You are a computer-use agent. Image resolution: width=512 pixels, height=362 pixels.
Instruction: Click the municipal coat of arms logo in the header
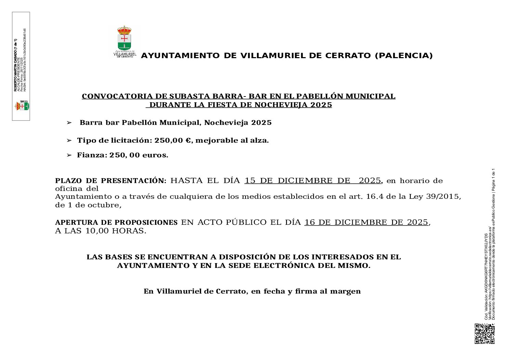[124, 41]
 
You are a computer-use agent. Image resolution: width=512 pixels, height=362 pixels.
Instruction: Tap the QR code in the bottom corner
[484, 334]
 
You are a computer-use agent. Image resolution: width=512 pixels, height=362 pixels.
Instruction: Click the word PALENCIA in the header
[404, 55]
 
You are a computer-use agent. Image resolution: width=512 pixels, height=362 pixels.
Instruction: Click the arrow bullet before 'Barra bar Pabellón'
[69, 122]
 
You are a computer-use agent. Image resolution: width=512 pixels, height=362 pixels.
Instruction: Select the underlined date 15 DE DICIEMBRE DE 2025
[313, 181]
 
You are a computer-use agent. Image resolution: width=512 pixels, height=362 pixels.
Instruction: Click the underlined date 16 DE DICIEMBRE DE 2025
[366, 222]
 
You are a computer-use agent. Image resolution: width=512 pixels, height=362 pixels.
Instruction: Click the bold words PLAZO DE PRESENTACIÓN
[110, 181]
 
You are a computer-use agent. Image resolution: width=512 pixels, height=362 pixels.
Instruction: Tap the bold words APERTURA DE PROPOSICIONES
[116, 223]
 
